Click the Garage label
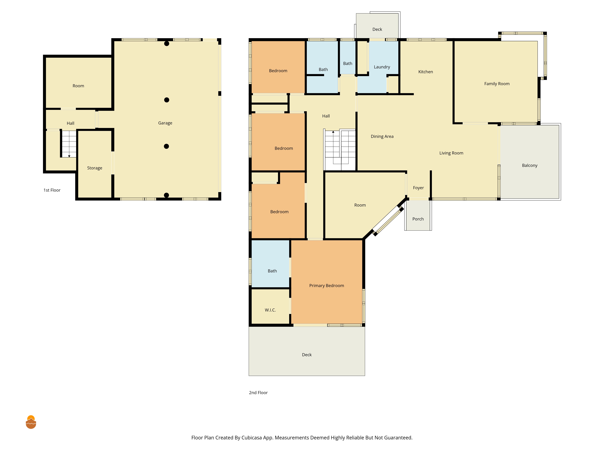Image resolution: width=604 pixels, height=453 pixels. click(x=165, y=123)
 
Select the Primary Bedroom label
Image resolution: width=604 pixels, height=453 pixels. click(x=327, y=286)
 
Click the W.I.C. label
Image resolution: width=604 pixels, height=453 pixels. click(x=270, y=310)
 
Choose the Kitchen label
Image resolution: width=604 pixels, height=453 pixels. click(x=426, y=72)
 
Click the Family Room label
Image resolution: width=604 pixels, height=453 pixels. click(x=497, y=84)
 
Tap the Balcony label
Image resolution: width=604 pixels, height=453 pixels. click(x=530, y=165)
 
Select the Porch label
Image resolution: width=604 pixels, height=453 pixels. click(x=418, y=219)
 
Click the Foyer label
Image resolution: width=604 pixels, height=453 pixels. click(x=418, y=188)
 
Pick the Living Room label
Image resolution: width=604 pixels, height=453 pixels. click(x=451, y=153)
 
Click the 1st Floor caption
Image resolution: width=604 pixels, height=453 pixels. click(x=52, y=190)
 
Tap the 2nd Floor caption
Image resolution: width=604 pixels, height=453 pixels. click(x=258, y=393)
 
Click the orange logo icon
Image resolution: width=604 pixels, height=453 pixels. click(x=31, y=422)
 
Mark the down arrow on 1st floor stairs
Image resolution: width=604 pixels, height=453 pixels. click(x=69, y=156)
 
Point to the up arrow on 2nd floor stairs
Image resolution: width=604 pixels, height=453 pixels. click(x=333, y=132)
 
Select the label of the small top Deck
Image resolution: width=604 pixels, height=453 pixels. click(x=377, y=29)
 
